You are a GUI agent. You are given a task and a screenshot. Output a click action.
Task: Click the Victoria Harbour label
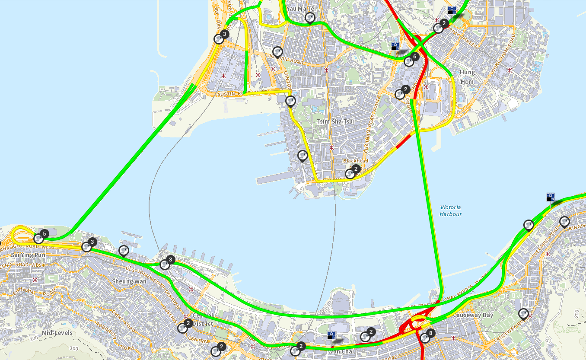[x=450, y=210]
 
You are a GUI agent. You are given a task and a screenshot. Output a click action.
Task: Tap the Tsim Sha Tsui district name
[x=336, y=121]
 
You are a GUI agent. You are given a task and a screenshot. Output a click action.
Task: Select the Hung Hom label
[x=467, y=77]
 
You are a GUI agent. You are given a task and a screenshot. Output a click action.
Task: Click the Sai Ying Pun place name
[x=28, y=255]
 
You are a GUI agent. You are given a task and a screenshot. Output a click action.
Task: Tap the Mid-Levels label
[x=57, y=333]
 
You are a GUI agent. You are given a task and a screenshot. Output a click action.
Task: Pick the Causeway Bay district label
[x=473, y=315]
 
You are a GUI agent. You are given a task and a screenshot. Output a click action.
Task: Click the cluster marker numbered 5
[x=39, y=238]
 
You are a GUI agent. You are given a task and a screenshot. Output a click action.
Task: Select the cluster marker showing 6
[x=409, y=61]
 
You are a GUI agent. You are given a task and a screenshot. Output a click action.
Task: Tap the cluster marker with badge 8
[x=425, y=338]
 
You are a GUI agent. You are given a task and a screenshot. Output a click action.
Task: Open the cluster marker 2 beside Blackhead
[x=351, y=173]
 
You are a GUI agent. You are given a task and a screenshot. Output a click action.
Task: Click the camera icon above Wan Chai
[x=331, y=335]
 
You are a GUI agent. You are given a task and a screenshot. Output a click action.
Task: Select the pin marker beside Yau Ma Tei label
[x=310, y=18]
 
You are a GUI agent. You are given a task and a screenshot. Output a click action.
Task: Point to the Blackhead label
[x=356, y=161]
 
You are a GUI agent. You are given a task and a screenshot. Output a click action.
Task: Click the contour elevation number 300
[x=74, y=348]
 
